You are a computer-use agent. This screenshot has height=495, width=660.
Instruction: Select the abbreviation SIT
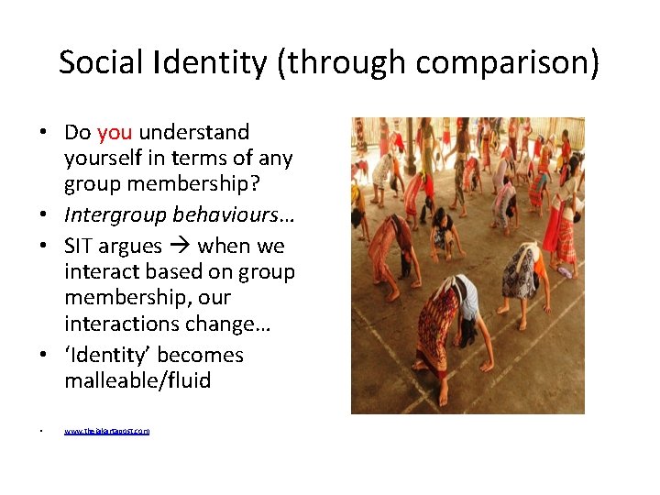pyautogui.click(x=80, y=247)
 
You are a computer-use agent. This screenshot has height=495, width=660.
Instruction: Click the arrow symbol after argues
pyautogui.click(x=179, y=247)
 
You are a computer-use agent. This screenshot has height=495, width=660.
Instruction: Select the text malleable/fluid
pyautogui.click(x=137, y=380)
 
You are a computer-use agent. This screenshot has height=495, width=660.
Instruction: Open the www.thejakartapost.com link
pyautogui.click(x=107, y=430)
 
